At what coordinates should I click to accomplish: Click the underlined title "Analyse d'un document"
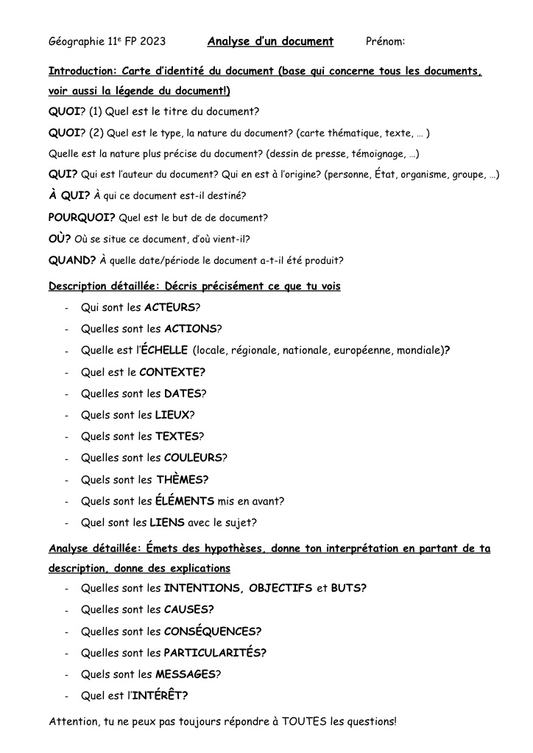click(270, 41)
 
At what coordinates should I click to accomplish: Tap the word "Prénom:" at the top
click(385, 41)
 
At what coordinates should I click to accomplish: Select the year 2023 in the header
click(152, 41)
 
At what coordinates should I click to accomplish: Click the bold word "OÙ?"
click(60, 239)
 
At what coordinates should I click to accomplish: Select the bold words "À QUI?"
click(69, 196)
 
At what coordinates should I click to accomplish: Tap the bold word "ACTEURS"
click(170, 307)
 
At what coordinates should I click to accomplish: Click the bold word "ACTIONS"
click(190, 329)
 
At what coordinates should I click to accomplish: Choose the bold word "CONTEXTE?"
click(172, 372)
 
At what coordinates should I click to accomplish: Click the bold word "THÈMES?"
click(183, 480)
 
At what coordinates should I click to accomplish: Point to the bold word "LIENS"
click(167, 523)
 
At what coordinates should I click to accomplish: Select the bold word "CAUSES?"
click(189, 609)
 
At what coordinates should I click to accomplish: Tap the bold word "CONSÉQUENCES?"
click(213, 631)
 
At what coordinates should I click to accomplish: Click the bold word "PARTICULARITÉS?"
click(215, 653)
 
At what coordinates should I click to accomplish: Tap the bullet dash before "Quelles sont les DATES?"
click(67, 394)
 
